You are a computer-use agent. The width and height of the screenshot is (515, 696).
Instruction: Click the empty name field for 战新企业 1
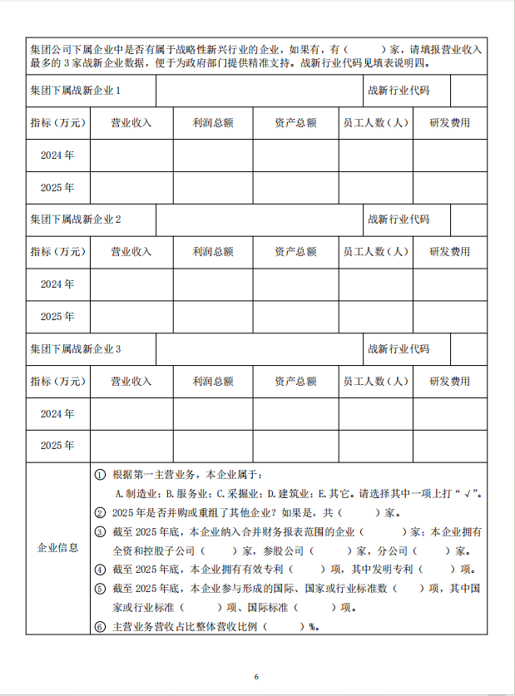257,90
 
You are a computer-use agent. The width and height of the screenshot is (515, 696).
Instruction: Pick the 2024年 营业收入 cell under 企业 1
131,155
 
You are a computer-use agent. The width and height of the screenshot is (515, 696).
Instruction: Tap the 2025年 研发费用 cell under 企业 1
449,188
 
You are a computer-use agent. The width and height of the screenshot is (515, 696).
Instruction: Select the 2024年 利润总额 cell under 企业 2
212,284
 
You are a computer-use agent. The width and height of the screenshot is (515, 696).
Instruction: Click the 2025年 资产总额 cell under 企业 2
295,317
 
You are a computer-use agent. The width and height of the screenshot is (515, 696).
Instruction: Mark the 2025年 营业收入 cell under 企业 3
131,446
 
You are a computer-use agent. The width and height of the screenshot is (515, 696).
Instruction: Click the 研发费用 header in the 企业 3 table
449,382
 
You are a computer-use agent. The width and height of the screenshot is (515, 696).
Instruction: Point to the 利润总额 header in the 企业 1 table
212,123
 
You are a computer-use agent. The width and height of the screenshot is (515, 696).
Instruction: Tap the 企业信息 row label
58,548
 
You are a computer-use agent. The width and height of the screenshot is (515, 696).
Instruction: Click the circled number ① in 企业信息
100,475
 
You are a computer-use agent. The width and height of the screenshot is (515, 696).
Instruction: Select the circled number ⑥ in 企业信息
100,626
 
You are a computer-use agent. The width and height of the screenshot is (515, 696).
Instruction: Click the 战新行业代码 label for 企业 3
399,349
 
